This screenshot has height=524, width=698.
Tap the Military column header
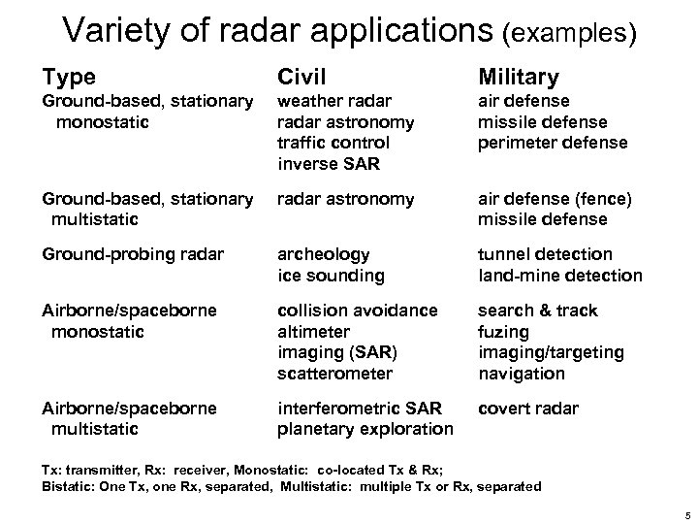pyautogui.click(x=516, y=75)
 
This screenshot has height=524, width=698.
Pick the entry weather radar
pyautogui.click(x=334, y=101)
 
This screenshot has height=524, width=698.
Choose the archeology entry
pyautogui.click(x=324, y=254)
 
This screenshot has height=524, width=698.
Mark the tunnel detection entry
pyautogui.click(x=545, y=254)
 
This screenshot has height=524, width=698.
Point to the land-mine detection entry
pyautogui.click(x=559, y=276)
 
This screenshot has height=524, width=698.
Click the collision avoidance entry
pyautogui.click(x=357, y=311)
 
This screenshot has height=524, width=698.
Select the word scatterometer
pyautogui.click(x=335, y=374)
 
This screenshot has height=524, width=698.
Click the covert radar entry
pyautogui.click(x=527, y=409)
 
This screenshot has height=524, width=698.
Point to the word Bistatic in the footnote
pyautogui.click(x=65, y=486)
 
